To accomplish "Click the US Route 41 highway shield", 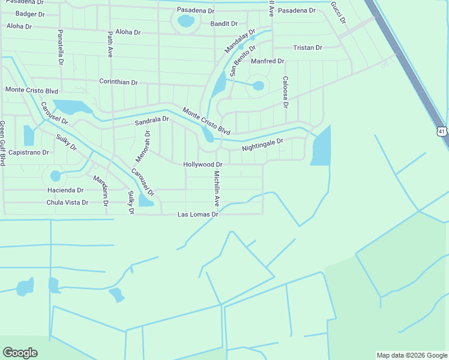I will tap(442, 131).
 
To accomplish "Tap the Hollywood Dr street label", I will tap(203, 164).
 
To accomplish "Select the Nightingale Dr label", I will tap(262, 145).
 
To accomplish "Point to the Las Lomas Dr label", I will tap(197, 214).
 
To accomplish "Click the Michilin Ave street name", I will tap(217, 188).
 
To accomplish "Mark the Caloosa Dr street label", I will tap(286, 92).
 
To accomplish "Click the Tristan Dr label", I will tap(307, 47).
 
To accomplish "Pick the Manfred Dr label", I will tap(267, 61).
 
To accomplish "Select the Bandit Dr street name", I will tap(224, 24).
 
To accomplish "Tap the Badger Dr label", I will tap(29, 13).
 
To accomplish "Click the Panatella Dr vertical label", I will tap(61, 47).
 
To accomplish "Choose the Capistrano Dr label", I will tap(28, 152).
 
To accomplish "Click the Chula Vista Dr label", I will tap(67, 202).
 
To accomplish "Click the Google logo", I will tap(20, 353).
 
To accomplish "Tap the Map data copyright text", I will tap(412, 355).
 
